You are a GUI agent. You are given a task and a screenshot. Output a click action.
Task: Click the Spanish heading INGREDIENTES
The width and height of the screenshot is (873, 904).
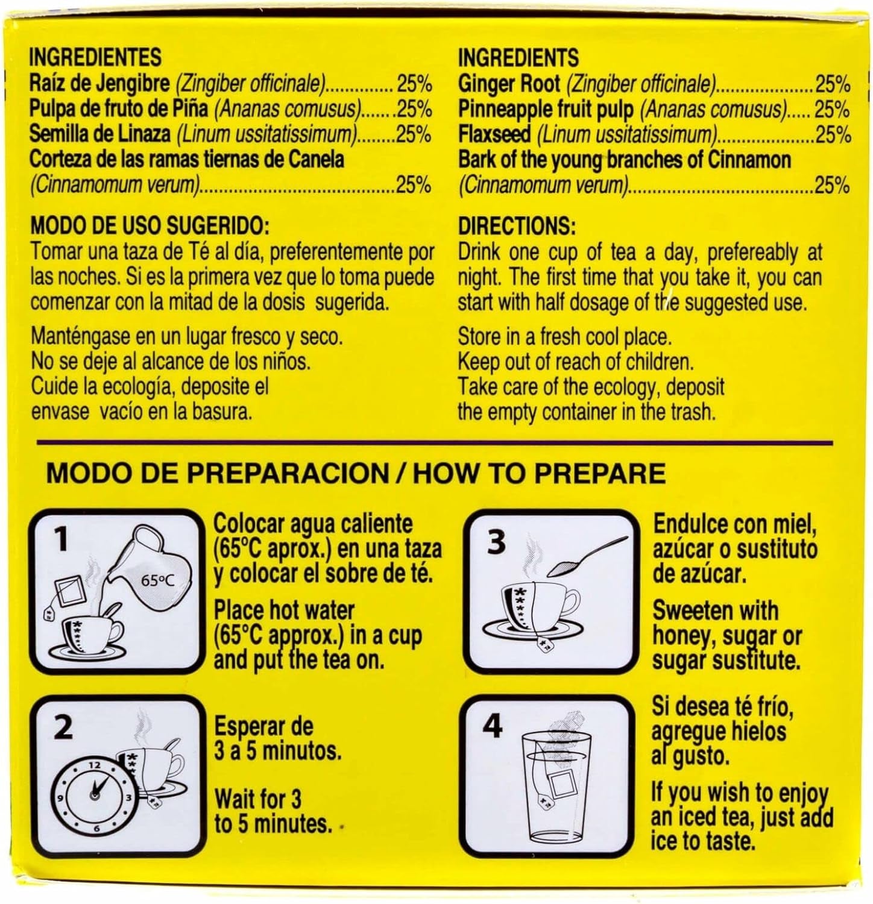(95, 57)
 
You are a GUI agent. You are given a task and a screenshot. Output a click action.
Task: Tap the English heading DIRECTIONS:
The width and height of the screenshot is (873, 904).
(517, 227)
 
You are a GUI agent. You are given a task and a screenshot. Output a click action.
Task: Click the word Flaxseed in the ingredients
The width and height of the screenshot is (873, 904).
(494, 134)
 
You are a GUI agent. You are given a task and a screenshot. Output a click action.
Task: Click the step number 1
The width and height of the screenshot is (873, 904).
(60, 540)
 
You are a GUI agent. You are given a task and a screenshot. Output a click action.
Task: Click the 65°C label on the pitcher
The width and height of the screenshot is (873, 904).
(158, 581)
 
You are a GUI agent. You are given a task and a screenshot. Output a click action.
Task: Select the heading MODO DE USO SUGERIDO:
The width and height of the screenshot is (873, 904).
(147, 227)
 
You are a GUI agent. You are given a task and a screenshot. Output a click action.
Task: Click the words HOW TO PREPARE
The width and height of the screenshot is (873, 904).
(539, 473)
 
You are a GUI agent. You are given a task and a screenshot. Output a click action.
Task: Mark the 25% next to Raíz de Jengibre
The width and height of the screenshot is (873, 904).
(414, 84)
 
